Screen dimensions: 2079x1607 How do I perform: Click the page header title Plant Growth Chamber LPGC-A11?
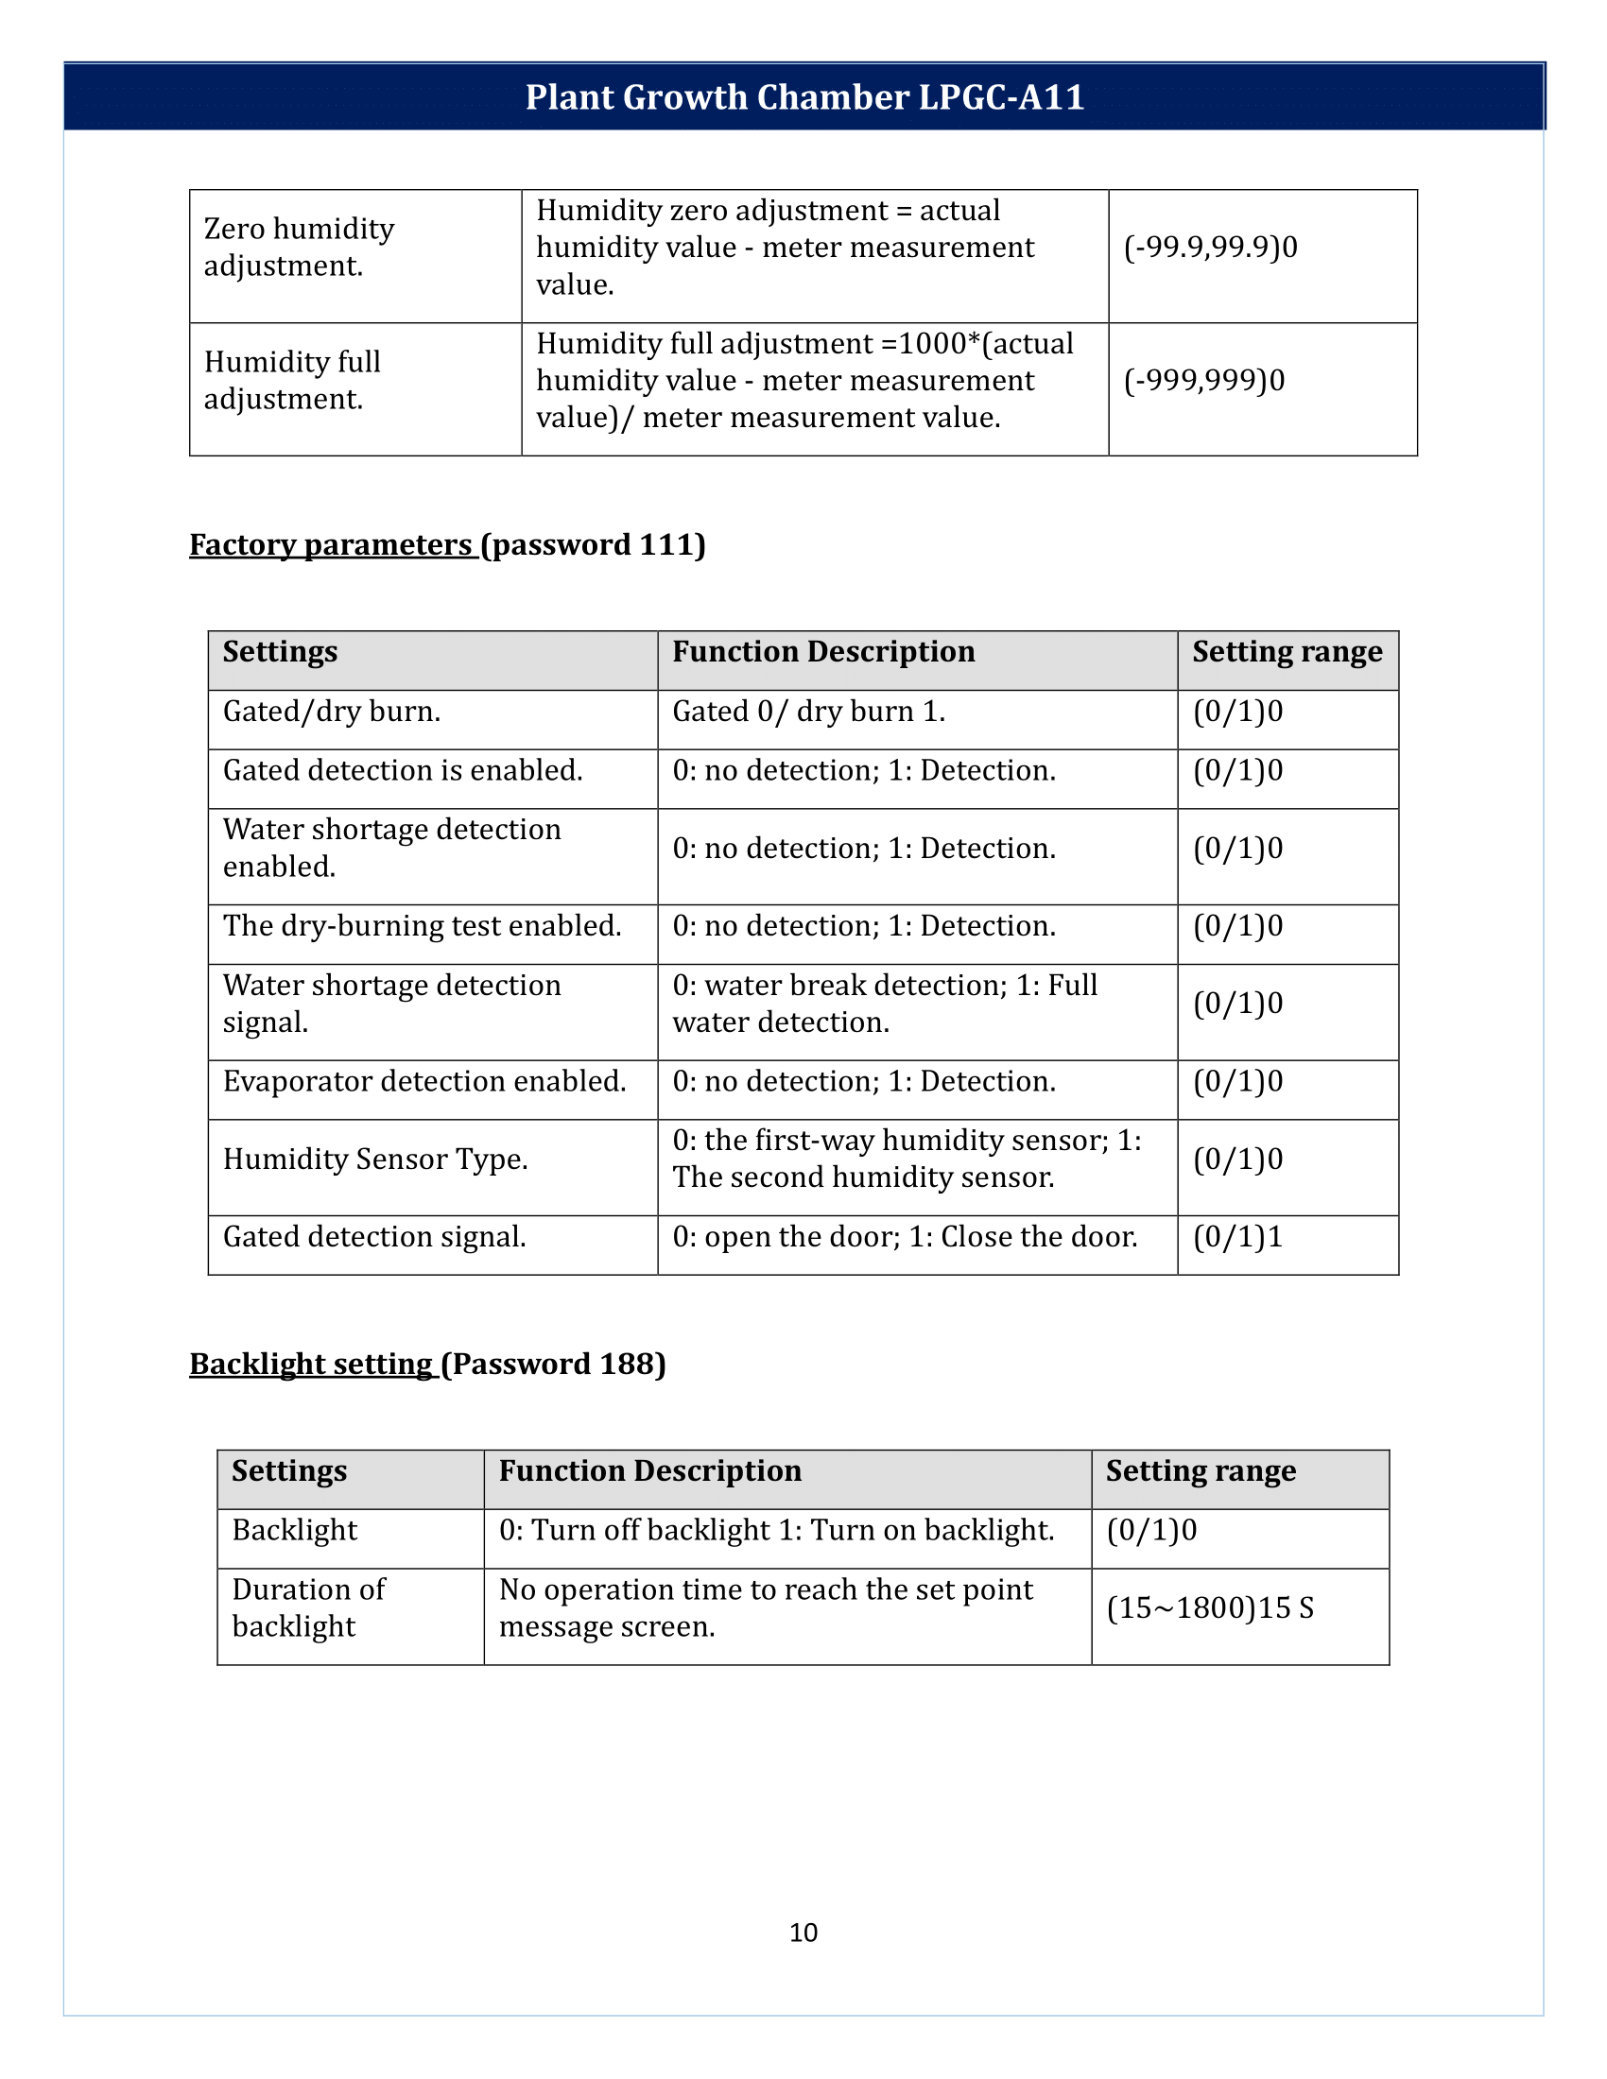(804, 97)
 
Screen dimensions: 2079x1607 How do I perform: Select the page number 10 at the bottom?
(803, 1932)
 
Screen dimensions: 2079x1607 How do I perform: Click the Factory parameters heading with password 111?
(446, 544)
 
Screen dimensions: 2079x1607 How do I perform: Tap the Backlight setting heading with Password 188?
(426, 1363)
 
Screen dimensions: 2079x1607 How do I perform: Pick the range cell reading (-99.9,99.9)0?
(1210, 248)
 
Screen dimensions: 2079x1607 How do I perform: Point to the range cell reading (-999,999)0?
(1203, 381)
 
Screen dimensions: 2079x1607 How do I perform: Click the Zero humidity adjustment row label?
(299, 248)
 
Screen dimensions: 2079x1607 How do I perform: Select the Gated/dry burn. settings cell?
(331, 711)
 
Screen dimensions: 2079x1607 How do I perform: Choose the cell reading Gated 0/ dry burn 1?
(808, 711)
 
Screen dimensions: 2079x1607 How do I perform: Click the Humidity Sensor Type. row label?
(375, 1159)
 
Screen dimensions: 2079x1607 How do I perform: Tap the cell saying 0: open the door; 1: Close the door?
(905, 1237)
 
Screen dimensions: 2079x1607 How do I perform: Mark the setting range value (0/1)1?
(1237, 1237)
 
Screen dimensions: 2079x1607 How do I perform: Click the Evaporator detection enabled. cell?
(424, 1081)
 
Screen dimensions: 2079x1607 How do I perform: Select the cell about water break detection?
(885, 1004)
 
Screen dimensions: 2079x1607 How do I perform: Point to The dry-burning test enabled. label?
(422, 925)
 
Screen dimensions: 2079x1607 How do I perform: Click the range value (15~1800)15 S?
(1209, 1607)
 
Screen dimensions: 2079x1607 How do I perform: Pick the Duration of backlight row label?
(308, 1607)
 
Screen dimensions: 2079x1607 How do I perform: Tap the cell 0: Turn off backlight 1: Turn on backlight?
(776, 1530)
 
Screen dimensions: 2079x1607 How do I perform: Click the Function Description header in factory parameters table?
(822, 652)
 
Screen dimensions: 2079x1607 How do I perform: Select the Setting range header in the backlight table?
(1200, 1470)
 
